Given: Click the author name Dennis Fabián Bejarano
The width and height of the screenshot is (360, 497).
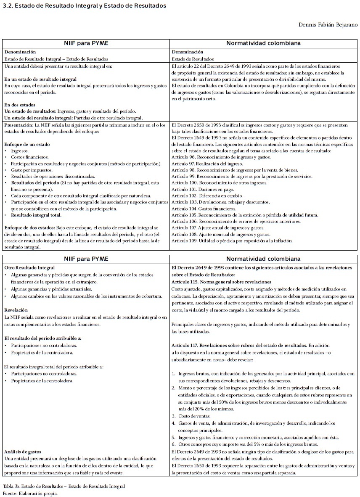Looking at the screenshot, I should [328, 25].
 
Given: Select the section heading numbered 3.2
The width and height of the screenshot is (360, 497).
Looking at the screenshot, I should [84, 6].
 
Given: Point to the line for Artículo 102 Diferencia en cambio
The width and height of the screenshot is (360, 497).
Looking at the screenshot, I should [207, 196].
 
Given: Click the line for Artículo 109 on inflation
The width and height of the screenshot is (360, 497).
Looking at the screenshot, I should [232, 241].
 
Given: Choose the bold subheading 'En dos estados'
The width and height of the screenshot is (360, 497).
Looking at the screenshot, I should [20, 105].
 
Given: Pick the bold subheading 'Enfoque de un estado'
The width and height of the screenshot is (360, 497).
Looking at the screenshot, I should [27, 144].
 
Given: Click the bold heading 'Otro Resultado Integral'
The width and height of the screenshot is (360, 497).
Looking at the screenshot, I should [29, 267].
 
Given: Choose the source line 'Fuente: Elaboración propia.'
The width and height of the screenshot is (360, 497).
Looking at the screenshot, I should [29, 493].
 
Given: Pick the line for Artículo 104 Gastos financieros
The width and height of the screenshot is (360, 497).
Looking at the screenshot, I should [204, 209].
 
